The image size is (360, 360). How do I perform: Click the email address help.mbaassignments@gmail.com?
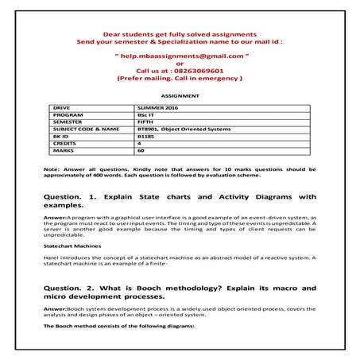(x=180, y=59)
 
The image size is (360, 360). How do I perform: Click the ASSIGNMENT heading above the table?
(x=180, y=96)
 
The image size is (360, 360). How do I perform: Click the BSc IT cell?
(x=146, y=114)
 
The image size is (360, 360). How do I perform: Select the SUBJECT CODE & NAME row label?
(x=86, y=128)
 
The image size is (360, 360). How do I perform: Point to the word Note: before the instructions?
(x=50, y=169)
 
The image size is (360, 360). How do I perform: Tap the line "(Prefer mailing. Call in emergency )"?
(x=180, y=79)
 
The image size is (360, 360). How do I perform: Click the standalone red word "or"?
(x=180, y=64)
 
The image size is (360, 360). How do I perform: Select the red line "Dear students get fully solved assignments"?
(x=180, y=35)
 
